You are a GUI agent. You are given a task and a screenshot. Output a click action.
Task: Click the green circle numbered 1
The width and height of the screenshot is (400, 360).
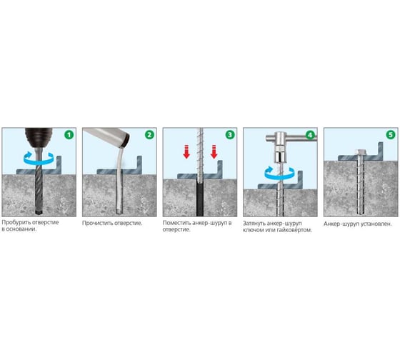pos(69,135)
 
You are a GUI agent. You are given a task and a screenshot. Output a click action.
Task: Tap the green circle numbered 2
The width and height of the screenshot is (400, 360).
pos(149,135)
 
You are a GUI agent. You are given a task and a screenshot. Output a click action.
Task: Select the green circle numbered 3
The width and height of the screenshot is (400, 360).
pos(230,135)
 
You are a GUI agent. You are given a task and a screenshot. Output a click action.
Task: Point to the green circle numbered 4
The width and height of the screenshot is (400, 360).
pos(310,135)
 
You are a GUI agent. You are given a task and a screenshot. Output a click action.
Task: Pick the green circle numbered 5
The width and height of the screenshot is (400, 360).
pos(391,135)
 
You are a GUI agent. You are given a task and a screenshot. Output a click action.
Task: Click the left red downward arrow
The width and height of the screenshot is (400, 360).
pos(186,151)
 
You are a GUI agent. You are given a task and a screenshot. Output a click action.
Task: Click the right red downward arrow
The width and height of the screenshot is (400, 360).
pos(214,151)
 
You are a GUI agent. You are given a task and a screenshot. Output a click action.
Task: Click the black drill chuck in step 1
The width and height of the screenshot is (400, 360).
pos(39,138)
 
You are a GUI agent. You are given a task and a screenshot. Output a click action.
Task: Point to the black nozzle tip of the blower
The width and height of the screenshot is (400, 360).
pos(126,140)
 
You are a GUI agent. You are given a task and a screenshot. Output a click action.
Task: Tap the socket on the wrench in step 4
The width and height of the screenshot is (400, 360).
pos(280,157)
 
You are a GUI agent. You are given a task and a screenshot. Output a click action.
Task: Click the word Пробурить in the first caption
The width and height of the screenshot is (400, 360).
pos(14,222)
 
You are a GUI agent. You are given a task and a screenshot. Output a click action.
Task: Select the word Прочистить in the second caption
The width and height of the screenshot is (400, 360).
pos(98,224)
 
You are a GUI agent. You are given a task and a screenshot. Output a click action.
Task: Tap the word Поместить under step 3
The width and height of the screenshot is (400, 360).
pos(176,223)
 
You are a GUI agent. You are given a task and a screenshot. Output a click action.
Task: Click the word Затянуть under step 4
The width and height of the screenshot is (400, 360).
pos(254,224)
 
